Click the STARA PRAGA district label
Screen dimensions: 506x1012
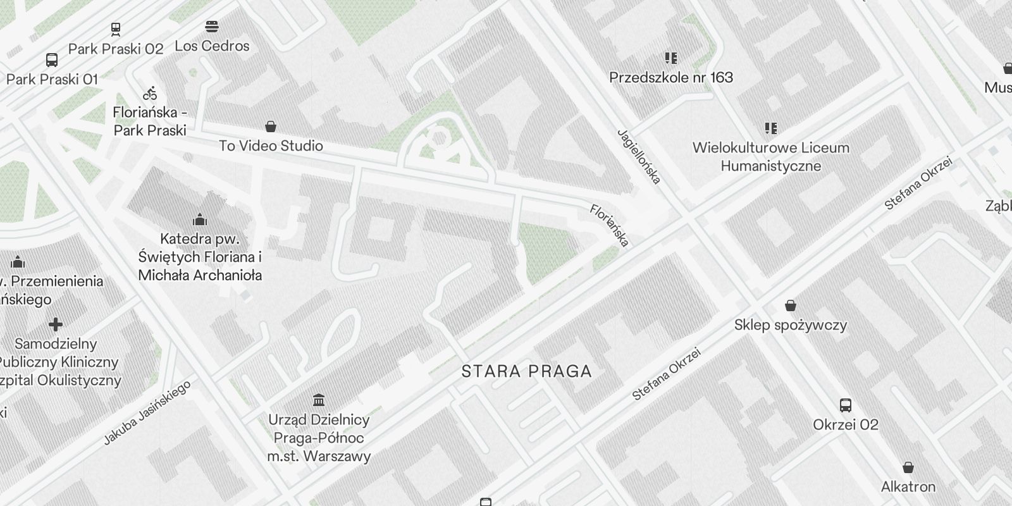point(526,371)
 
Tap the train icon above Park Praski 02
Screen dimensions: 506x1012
point(116,29)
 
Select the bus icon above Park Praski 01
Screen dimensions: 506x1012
point(52,60)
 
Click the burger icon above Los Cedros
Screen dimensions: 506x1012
point(212,27)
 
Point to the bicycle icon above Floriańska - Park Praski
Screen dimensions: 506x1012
point(150,94)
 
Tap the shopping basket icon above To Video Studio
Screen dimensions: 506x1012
point(271,126)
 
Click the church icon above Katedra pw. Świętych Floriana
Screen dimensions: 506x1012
point(200,219)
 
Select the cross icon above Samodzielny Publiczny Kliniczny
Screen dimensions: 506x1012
point(56,324)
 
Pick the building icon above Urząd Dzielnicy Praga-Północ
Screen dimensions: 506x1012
point(319,400)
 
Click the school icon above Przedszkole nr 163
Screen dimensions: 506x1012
point(671,58)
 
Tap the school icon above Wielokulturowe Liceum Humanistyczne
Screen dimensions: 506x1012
point(770,128)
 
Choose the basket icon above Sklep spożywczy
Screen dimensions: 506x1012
point(790,306)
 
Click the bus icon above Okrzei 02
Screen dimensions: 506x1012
point(846,405)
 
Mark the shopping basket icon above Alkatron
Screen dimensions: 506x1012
point(908,467)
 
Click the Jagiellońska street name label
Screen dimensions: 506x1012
point(639,157)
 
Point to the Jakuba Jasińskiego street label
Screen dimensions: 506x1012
point(147,413)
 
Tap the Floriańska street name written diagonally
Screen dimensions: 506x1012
point(609,225)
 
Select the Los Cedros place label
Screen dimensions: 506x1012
point(212,46)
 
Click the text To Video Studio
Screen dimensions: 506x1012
point(271,146)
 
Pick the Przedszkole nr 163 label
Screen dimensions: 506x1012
point(671,78)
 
